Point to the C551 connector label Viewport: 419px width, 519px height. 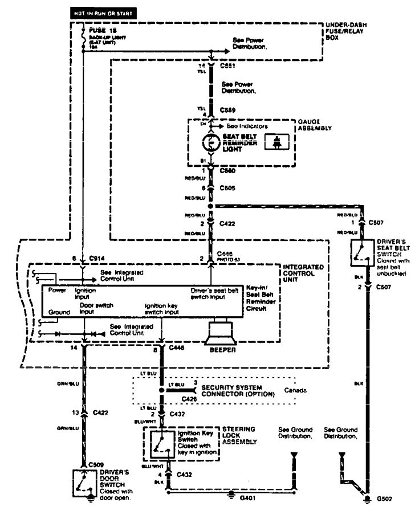pos(227,67)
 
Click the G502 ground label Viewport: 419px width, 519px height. pos(383,501)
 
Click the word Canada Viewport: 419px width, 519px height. pos(295,391)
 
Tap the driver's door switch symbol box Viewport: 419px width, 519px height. pos(84,483)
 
